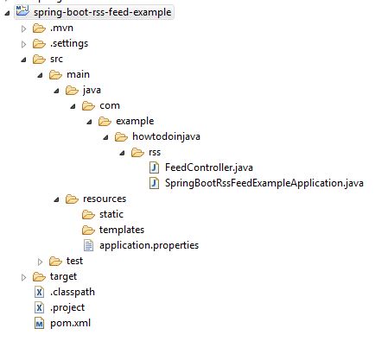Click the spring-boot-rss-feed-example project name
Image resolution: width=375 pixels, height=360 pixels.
click(x=103, y=12)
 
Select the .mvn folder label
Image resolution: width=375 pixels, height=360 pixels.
click(x=61, y=28)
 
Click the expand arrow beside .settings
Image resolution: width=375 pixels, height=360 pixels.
click(x=23, y=44)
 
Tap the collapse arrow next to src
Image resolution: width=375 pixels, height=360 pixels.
click(x=24, y=60)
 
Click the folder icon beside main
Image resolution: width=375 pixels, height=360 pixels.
click(x=55, y=75)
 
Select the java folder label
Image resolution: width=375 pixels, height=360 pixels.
click(x=92, y=90)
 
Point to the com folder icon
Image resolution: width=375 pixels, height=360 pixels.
click(x=88, y=106)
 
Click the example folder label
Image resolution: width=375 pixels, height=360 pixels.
click(x=135, y=121)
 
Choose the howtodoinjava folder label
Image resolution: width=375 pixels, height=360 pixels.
click(x=166, y=136)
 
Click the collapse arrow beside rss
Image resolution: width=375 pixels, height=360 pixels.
click(x=123, y=153)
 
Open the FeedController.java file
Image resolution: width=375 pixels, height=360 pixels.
click(x=209, y=167)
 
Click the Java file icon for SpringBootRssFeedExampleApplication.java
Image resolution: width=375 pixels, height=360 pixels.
click(x=154, y=183)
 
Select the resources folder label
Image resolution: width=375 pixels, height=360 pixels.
click(x=105, y=199)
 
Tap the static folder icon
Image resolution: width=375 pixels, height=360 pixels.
click(x=88, y=215)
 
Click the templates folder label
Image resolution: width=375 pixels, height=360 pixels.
click(x=122, y=230)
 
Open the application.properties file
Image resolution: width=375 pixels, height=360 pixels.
click(x=149, y=245)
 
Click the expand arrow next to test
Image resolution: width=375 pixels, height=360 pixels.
click(x=40, y=262)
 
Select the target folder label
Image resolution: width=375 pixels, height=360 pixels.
click(x=63, y=276)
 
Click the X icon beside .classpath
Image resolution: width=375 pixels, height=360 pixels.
click(x=39, y=292)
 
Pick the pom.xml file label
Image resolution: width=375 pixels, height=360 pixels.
click(x=70, y=323)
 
